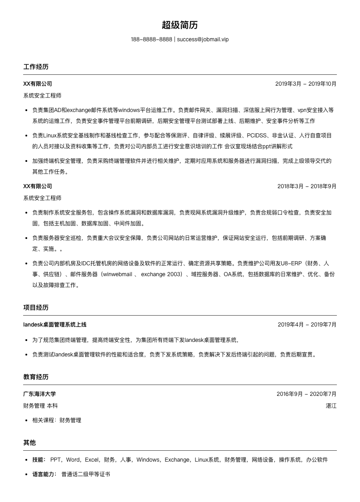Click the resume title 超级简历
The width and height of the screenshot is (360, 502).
click(x=180, y=25)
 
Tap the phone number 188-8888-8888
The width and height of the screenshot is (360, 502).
click(x=151, y=39)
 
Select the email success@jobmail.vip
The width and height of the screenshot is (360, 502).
click(x=203, y=39)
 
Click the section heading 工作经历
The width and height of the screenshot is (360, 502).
click(x=36, y=67)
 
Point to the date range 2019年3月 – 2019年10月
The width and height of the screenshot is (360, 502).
click(x=306, y=84)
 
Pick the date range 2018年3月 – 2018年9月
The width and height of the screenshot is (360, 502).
click(x=306, y=186)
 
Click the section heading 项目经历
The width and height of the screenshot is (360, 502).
click(x=36, y=307)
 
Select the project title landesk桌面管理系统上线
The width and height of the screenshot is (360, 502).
click(x=54, y=325)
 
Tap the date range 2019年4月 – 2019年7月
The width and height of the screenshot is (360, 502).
click(x=307, y=325)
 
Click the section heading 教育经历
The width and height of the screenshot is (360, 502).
click(x=36, y=377)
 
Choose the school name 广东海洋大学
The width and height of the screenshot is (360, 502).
click(x=39, y=394)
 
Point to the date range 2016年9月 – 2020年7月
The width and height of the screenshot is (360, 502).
click(x=306, y=394)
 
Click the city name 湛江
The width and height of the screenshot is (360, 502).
click(x=331, y=406)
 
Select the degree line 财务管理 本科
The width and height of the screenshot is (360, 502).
click(x=40, y=406)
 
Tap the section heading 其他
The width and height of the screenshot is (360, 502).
click(x=29, y=443)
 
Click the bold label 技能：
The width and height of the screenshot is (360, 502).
click(x=39, y=460)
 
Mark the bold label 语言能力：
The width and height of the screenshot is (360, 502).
click(x=44, y=474)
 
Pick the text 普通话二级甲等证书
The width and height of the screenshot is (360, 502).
click(x=86, y=474)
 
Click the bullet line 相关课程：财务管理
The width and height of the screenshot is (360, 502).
click(x=57, y=420)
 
